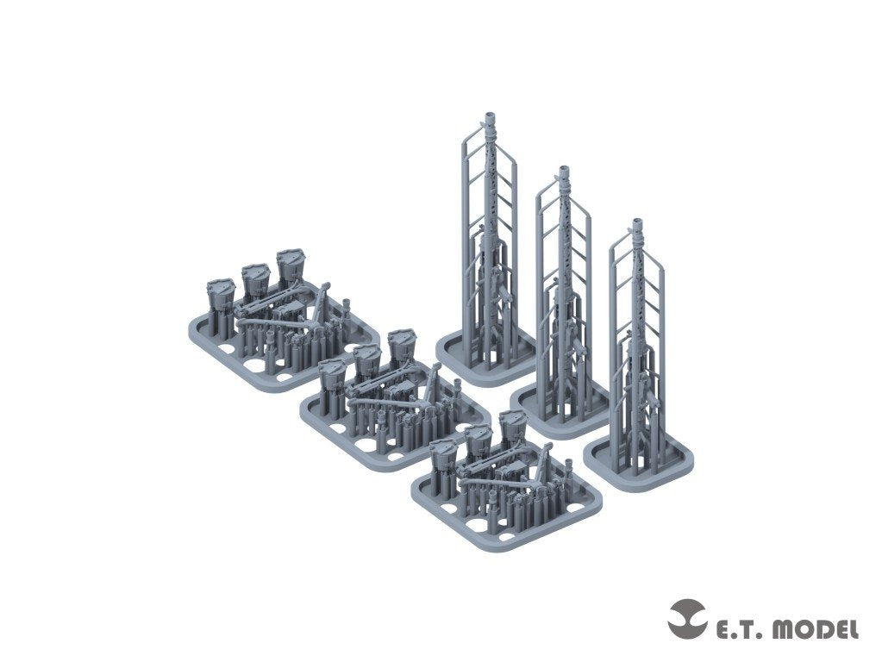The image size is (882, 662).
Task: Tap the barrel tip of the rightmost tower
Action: click(x=637, y=221)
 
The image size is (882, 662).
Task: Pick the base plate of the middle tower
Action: click(x=561, y=406)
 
